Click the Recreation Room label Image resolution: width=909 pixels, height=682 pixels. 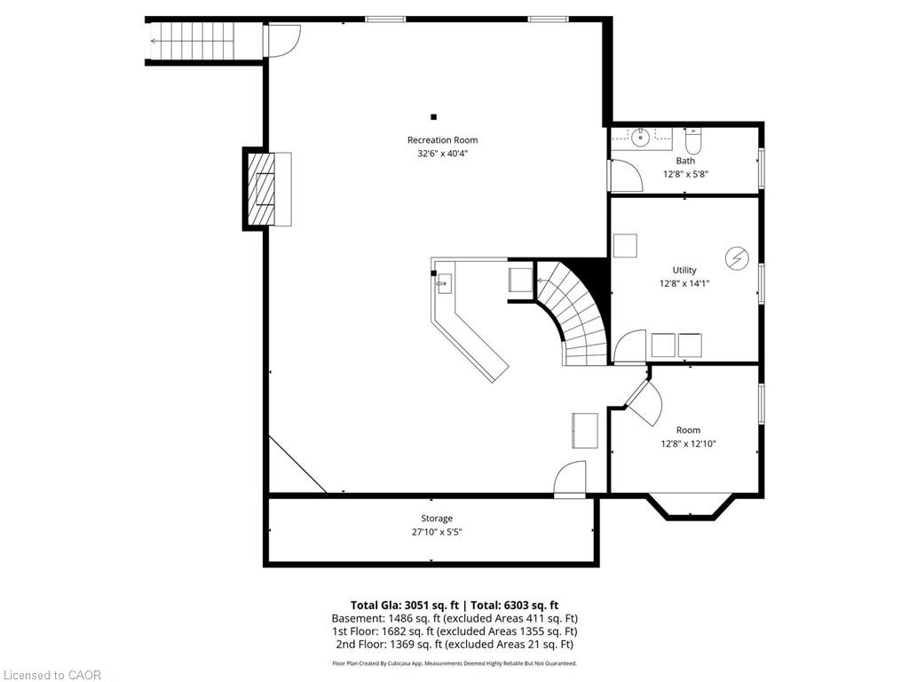[442, 139]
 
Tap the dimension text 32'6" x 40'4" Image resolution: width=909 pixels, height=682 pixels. [442, 154]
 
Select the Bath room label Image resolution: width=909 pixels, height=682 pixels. [685, 161]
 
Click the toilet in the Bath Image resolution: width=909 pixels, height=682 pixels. [693, 139]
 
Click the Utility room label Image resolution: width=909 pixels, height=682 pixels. [684, 270]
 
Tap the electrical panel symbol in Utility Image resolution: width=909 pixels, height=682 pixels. [737, 258]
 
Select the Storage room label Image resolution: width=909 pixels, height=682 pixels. [437, 519]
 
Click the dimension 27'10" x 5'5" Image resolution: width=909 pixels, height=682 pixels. [437, 533]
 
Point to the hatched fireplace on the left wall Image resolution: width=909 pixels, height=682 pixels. [261, 188]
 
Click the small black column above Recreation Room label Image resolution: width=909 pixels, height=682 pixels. [433, 117]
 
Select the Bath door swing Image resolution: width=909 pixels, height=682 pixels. [625, 175]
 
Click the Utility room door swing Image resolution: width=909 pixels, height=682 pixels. [629, 346]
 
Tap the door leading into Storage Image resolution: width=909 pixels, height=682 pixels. [570, 479]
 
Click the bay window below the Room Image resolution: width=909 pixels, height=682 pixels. [690, 505]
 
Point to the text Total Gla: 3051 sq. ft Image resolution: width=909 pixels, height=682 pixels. [404, 606]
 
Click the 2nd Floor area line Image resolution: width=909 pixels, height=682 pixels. [454, 645]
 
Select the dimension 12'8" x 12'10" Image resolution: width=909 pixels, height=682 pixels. [688, 444]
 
